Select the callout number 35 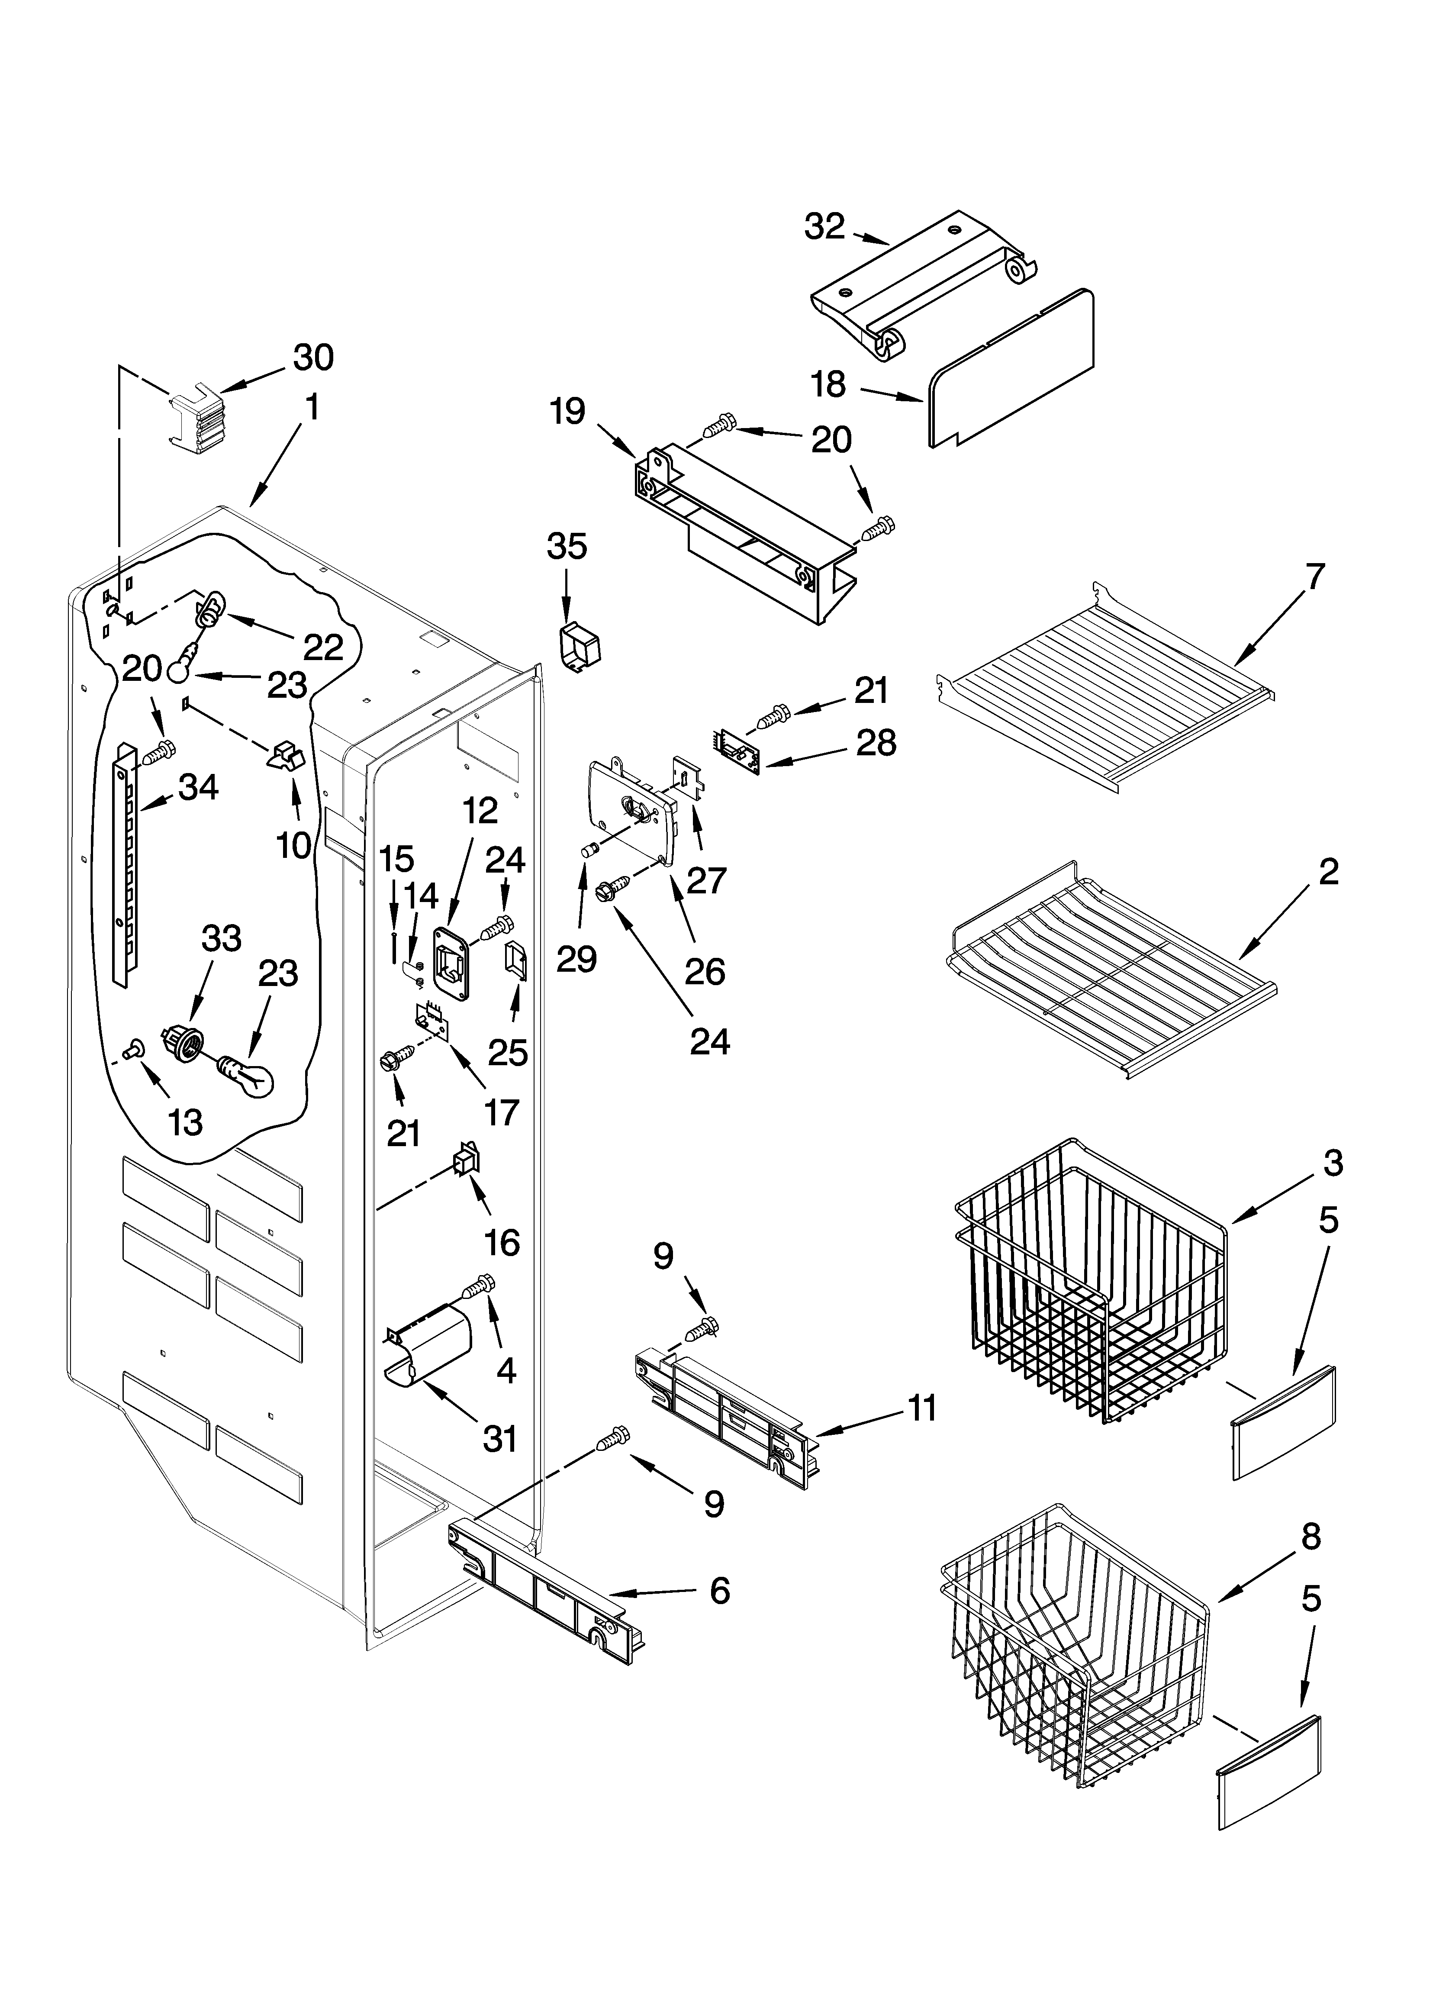(567, 547)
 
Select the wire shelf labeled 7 (1103, 680)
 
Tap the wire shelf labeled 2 (1112, 966)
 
